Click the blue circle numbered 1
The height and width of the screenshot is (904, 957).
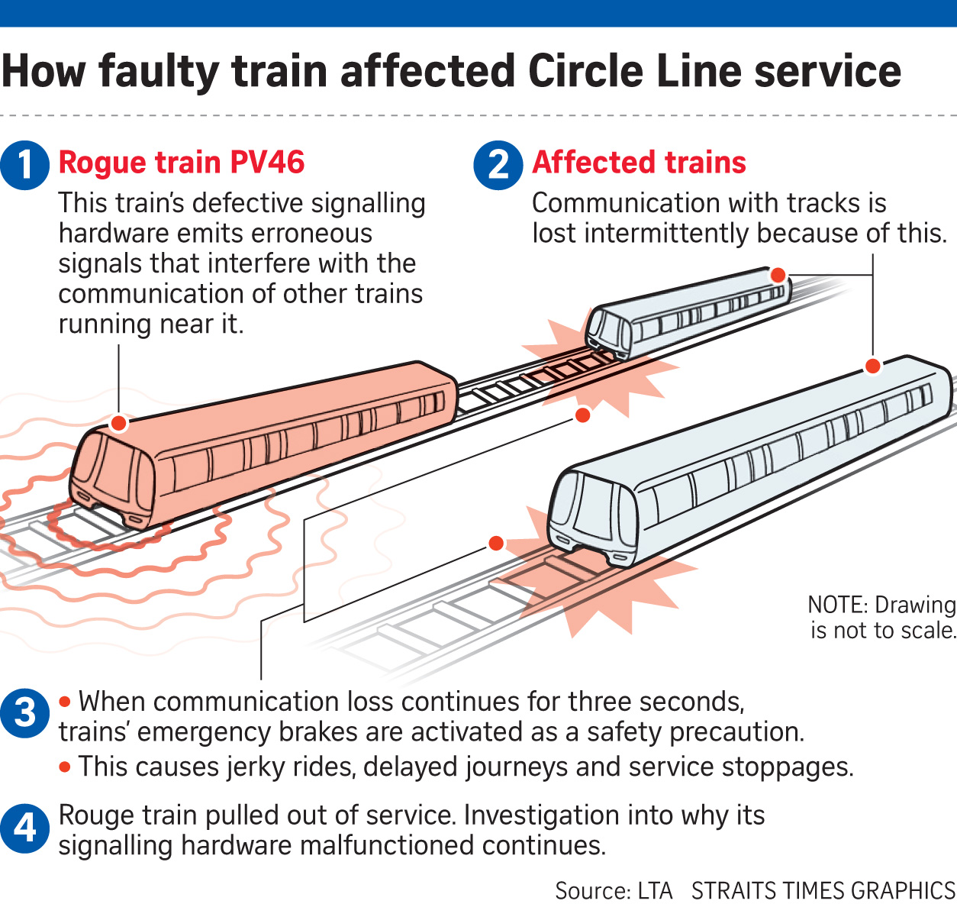coord(25,165)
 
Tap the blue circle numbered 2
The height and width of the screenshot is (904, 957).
coord(498,165)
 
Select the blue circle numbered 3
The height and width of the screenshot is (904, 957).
coord(25,713)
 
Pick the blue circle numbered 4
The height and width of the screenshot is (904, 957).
coord(25,828)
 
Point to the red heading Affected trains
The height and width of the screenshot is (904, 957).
coord(639,163)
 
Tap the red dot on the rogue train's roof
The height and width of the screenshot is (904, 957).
coord(118,423)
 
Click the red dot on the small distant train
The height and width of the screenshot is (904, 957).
coord(778,275)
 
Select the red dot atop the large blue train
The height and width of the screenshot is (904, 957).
coord(873,366)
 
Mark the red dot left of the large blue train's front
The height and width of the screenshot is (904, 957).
coord(496,543)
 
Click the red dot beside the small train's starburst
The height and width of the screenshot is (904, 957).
coord(582,415)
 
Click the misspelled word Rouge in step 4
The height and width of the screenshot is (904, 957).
coord(90,815)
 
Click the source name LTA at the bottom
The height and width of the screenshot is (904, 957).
coord(655,890)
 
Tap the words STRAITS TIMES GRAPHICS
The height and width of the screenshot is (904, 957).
coord(823,890)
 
